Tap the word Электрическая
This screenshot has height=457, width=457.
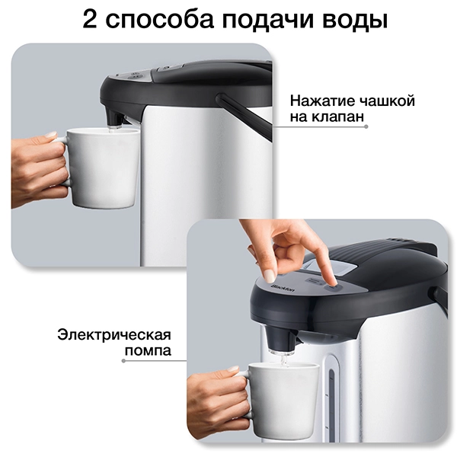click(x=112, y=335)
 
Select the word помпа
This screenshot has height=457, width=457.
click(x=147, y=352)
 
